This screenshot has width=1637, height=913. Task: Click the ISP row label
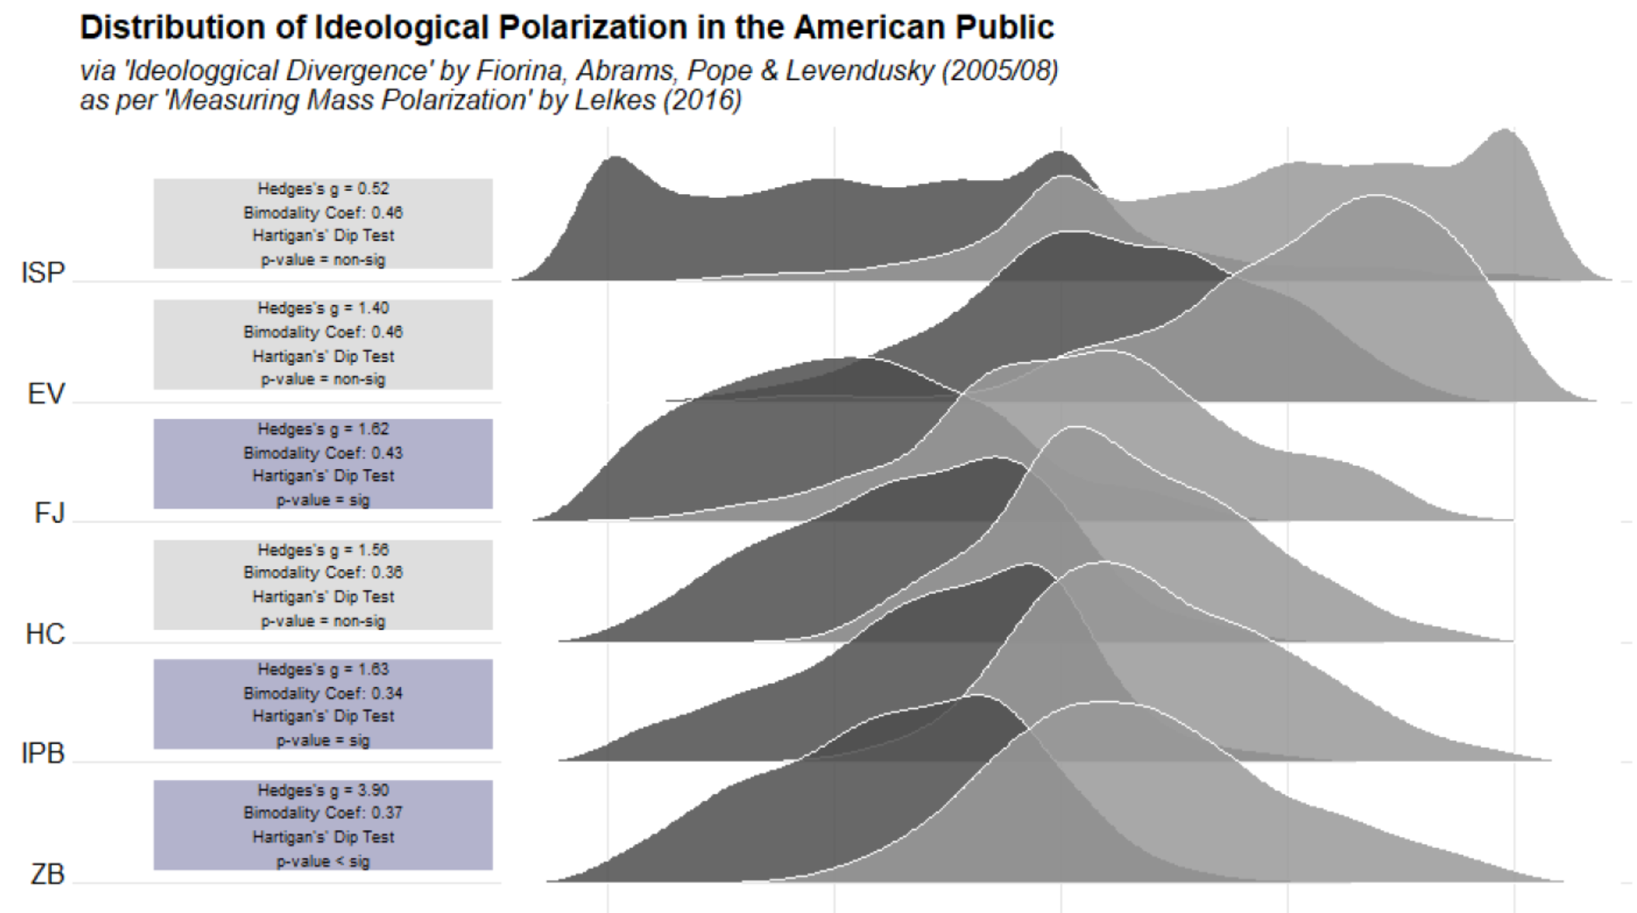43,273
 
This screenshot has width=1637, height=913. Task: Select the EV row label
46,394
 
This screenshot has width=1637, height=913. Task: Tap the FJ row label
49,513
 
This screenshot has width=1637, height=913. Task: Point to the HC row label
45,634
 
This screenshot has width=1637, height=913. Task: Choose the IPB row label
43,753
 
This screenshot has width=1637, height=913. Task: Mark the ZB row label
47,874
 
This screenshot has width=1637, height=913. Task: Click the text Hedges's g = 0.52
323,189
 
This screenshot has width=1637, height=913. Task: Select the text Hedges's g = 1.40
323,308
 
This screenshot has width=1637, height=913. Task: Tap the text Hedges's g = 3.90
323,790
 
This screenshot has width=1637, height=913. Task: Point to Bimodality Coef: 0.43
323,453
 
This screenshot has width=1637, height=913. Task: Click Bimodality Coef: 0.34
323,693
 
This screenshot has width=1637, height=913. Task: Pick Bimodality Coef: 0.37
323,813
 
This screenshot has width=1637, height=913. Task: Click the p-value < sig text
323,861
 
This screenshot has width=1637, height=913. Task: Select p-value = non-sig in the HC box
323,620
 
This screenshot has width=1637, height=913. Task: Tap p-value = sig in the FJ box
323,500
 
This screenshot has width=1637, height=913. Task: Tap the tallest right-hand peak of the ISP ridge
1506,132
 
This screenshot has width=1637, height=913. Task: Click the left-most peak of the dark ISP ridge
616,159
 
